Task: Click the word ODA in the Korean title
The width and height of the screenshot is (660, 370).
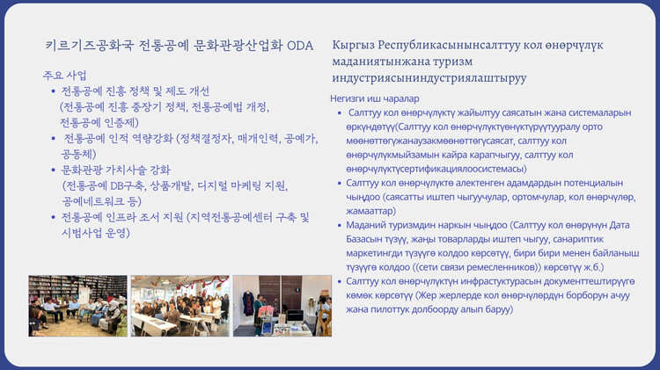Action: point(300,46)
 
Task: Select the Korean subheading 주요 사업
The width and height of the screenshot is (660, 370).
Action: point(65,76)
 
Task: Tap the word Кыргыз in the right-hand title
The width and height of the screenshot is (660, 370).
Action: point(353,46)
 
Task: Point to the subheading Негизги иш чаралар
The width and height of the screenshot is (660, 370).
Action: point(375,98)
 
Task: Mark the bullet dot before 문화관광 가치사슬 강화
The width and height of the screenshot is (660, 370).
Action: point(54,170)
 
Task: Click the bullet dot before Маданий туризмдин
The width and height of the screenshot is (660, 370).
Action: point(340,226)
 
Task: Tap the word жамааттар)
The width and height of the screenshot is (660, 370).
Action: point(370,211)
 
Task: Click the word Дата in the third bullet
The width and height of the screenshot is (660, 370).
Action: point(620,225)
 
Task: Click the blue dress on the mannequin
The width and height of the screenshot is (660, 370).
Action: point(248,303)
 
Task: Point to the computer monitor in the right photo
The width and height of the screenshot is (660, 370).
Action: point(295,316)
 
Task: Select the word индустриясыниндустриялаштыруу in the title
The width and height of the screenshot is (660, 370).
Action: point(429,78)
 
